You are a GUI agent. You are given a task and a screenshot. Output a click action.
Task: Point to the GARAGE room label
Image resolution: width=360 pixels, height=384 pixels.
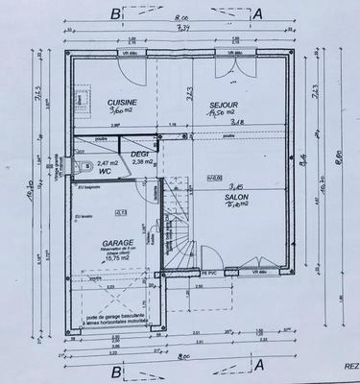point(117,244)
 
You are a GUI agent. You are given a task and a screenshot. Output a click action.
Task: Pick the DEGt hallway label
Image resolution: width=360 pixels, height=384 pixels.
point(142,153)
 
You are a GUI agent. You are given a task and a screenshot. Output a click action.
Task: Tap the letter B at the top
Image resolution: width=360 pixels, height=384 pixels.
point(115,12)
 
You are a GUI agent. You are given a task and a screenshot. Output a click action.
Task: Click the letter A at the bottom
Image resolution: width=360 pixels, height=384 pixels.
point(256,370)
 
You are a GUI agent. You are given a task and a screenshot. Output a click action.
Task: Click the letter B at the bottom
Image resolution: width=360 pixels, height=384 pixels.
point(115,370)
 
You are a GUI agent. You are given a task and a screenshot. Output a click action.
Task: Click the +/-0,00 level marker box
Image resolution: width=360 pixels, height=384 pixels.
point(215,179)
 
